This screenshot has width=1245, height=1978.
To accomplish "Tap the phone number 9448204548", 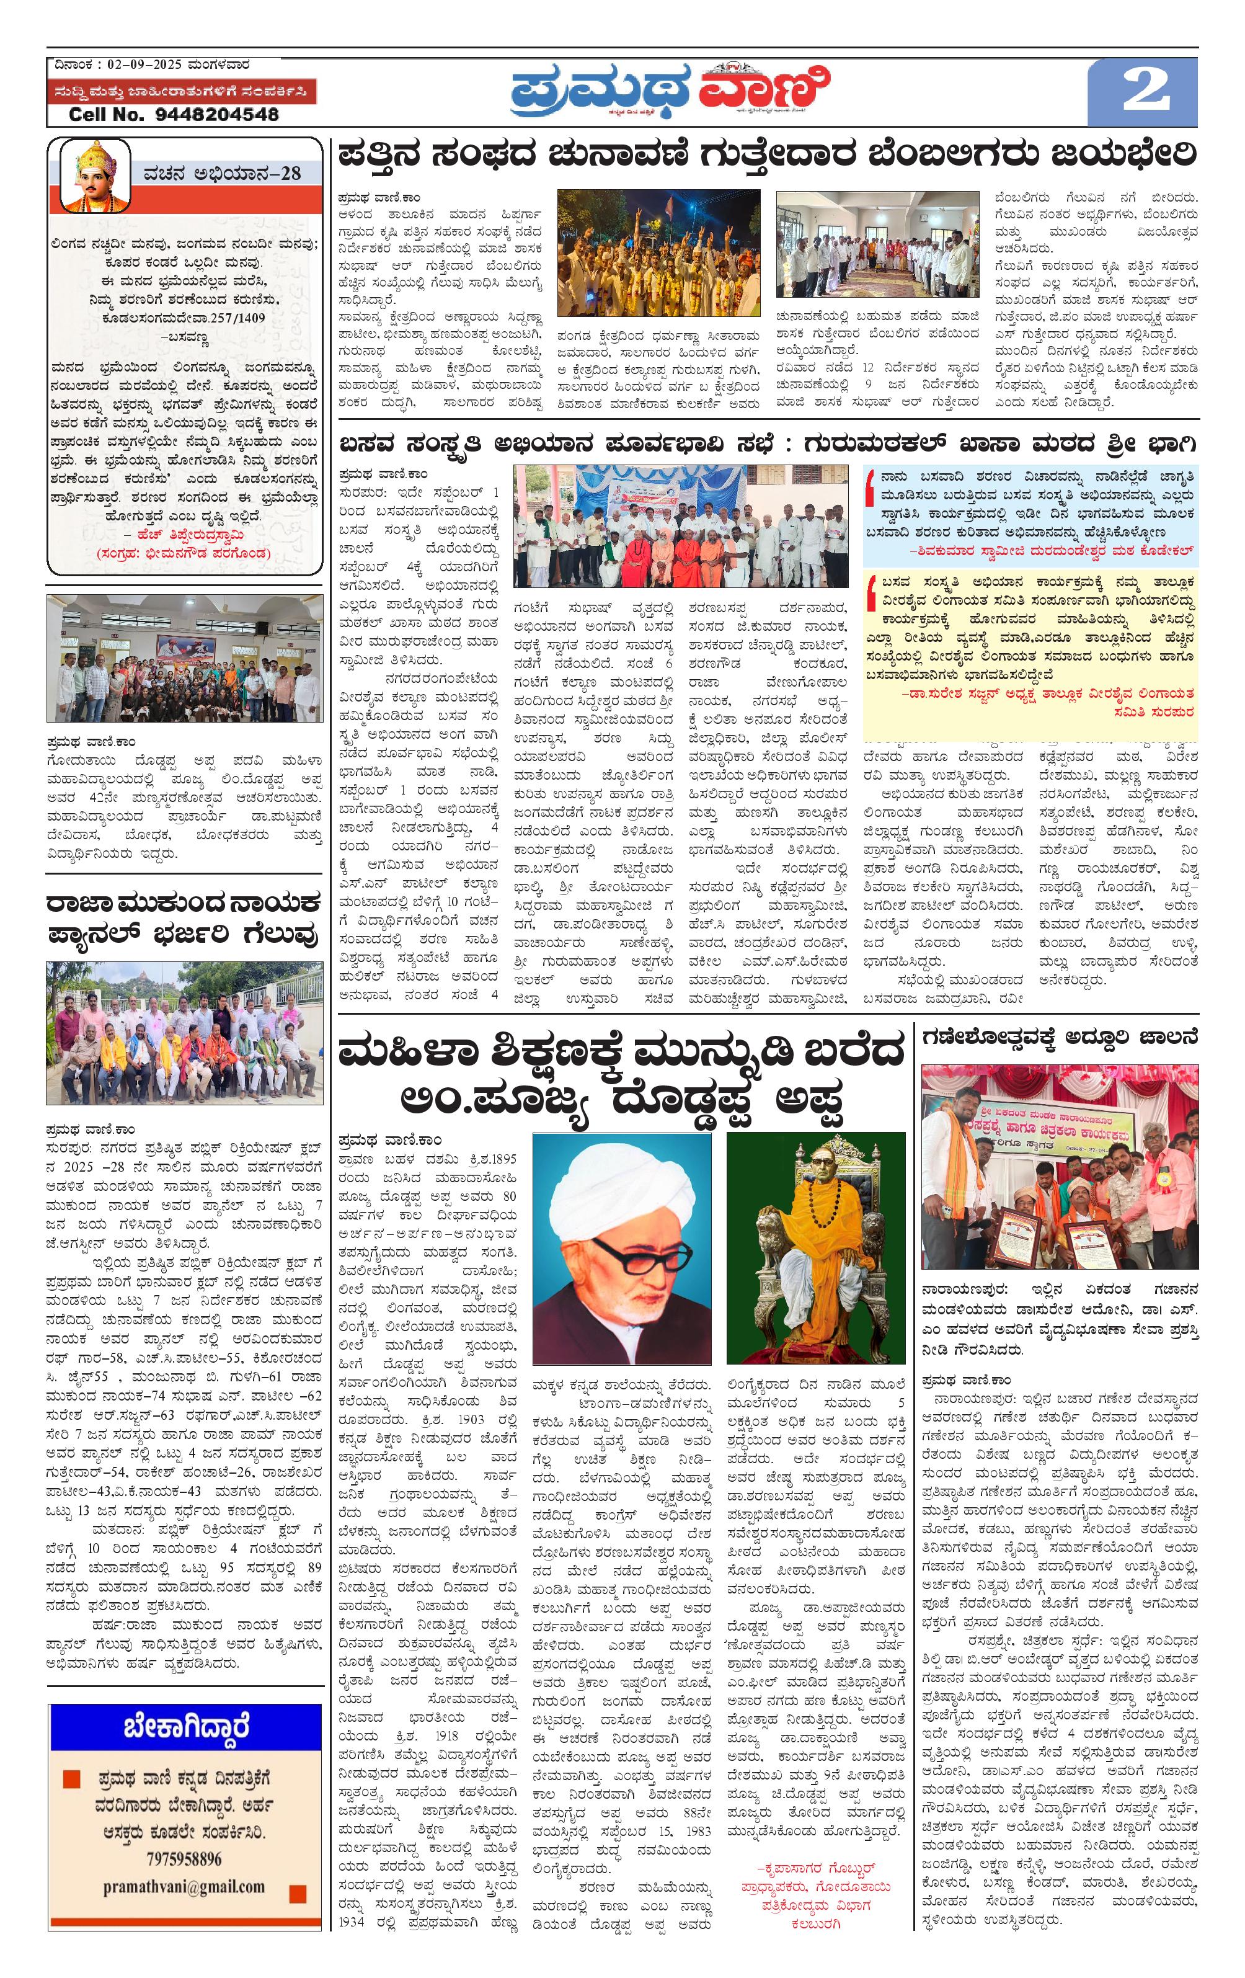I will pyautogui.click(x=217, y=115).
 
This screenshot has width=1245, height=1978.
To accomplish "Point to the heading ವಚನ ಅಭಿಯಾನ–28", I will pyautogui.click(x=222, y=173).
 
